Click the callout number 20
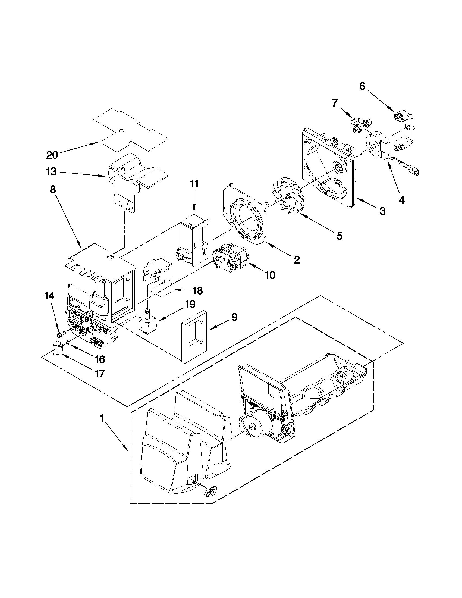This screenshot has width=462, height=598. [x=52, y=155]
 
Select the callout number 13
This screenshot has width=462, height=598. [x=51, y=172]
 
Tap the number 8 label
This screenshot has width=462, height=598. [x=53, y=189]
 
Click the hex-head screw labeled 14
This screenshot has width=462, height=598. [x=61, y=335]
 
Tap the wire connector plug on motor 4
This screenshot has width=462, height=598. [x=416, y=171]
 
